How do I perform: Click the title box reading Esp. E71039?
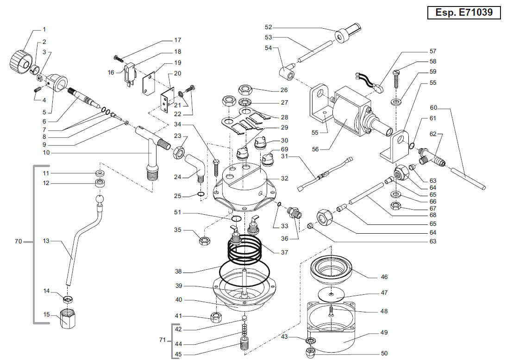coord(463,12)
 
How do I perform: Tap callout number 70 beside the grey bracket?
coord(18,242)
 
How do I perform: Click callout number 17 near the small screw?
coord(178,40)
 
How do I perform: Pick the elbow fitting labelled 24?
coord(193,167)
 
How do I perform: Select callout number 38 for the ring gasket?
coord(178,271)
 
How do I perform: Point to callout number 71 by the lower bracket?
coord(162,340)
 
